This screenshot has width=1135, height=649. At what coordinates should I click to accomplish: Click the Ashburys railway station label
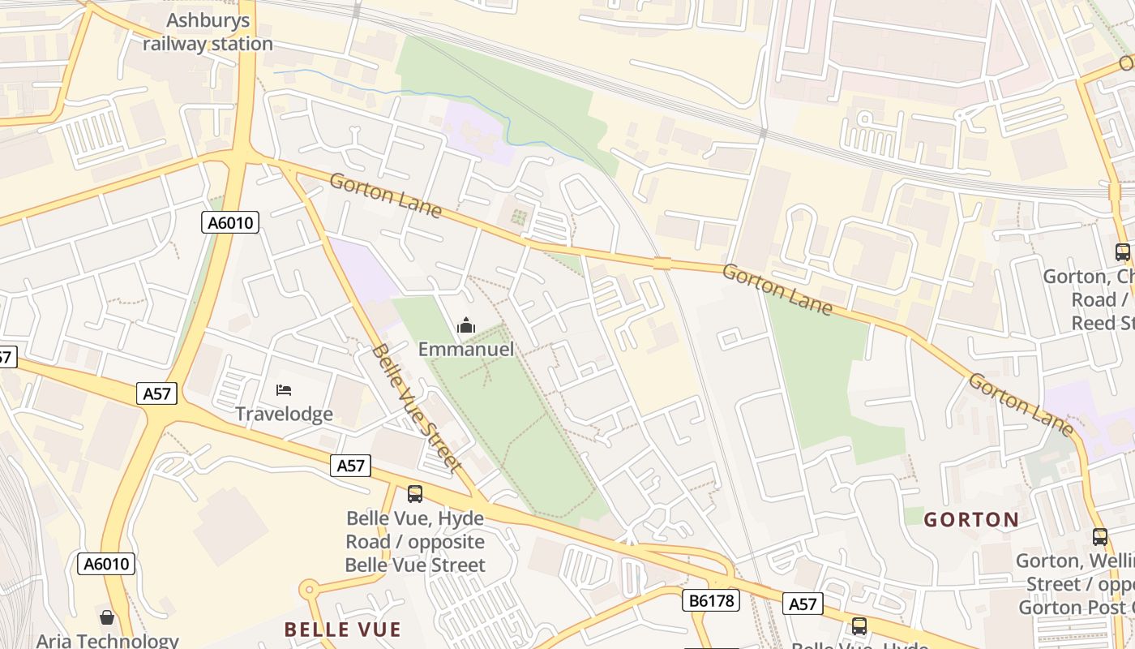(208, 32)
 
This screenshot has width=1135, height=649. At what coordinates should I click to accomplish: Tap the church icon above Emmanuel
(466, 326)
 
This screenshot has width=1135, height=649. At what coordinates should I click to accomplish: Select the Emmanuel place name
(466, 350)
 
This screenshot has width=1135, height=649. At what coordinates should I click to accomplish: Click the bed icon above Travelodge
(284, 390)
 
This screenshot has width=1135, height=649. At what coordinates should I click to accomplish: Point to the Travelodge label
(284, 414)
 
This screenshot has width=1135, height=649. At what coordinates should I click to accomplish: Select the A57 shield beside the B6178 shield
(803, 604)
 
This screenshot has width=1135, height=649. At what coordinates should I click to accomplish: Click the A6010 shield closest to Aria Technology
(106, 564)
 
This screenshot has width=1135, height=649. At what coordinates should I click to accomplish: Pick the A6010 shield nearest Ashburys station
(230, 222)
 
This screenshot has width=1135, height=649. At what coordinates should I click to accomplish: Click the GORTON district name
(971, 519)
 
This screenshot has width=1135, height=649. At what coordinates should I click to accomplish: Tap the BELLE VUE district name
(343, 630)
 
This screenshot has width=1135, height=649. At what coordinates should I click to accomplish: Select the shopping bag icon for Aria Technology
(106, 618)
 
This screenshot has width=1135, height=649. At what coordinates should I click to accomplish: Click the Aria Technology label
(107, 641)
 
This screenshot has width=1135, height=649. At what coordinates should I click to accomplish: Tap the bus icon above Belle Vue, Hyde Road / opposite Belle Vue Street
(415, 493)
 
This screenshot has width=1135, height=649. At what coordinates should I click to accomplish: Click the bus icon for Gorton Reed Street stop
(1122, 252)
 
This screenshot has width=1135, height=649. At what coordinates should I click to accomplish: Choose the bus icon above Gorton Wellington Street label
(1099, 536)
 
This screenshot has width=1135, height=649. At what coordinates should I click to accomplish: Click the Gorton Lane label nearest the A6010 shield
(386, 196)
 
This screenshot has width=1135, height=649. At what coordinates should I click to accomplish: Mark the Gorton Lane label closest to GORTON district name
(1021, 404)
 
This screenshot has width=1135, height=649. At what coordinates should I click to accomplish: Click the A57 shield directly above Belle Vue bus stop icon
(350, 466)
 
